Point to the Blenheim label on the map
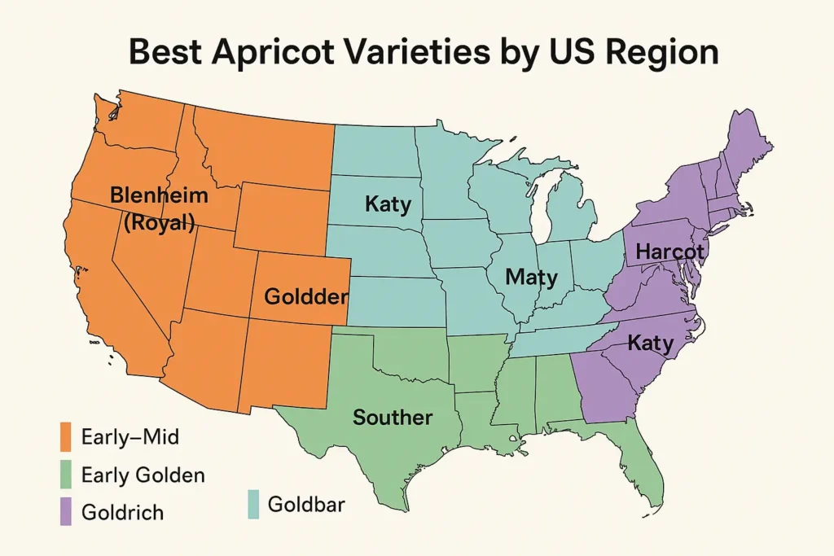coord(159,196)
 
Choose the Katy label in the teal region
coord(388,204)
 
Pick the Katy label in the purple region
coord(650,344)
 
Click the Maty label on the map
coord(531,278)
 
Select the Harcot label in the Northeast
coord(669,252)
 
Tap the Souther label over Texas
coord(392,418)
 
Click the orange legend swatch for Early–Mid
coord(67,437)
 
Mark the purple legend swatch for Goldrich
coord(67,512)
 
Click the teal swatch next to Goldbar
coord(253,505)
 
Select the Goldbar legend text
coord(306,505)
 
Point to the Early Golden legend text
coord(143,475)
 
